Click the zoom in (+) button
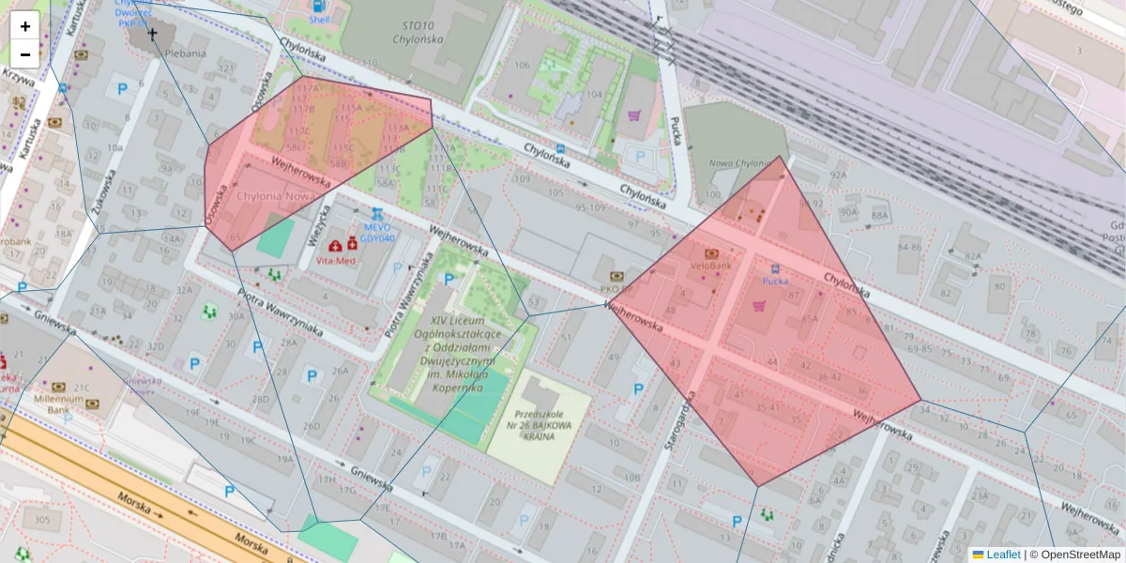(25, 26)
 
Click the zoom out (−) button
(25, 54)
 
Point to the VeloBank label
(710, 266)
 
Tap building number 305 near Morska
(41, 520)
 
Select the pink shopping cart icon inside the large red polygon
(758, 305)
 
